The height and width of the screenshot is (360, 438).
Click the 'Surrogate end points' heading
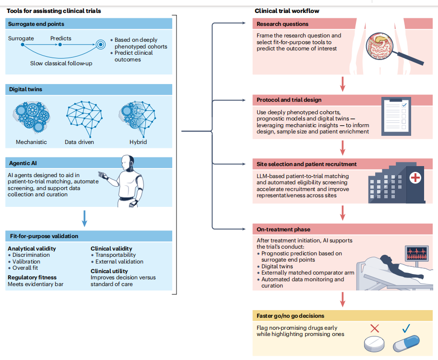[x=36, y=24]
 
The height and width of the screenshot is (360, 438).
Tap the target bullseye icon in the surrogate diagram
[x=101, y=44]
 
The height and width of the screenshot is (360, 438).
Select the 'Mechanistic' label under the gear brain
[x=31, y=142]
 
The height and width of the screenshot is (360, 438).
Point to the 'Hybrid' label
[x=138, y=142]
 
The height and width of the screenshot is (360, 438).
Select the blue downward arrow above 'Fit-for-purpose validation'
[x=84, y=218]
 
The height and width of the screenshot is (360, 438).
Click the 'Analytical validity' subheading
[x=32, y=249]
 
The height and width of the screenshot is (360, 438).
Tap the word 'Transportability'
[x=116, y=255]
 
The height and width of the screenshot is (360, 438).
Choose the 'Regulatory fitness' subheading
[x=32, y=277]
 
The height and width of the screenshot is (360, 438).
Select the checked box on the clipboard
[x=404, y=106]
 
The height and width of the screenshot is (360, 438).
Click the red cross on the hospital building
[x=415, y=178]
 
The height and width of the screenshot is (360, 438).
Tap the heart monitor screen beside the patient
[x=417, y=253]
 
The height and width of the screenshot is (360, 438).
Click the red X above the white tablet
[x=375, y=328]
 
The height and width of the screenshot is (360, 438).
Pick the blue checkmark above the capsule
[x=406, y=328]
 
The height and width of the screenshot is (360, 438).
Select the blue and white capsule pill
[x=406, y=343]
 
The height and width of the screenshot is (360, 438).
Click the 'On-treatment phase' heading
[x=284, y=229]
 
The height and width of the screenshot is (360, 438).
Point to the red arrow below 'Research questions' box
[x=343, y=84]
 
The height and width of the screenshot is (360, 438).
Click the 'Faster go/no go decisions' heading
[x=291, y=316]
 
